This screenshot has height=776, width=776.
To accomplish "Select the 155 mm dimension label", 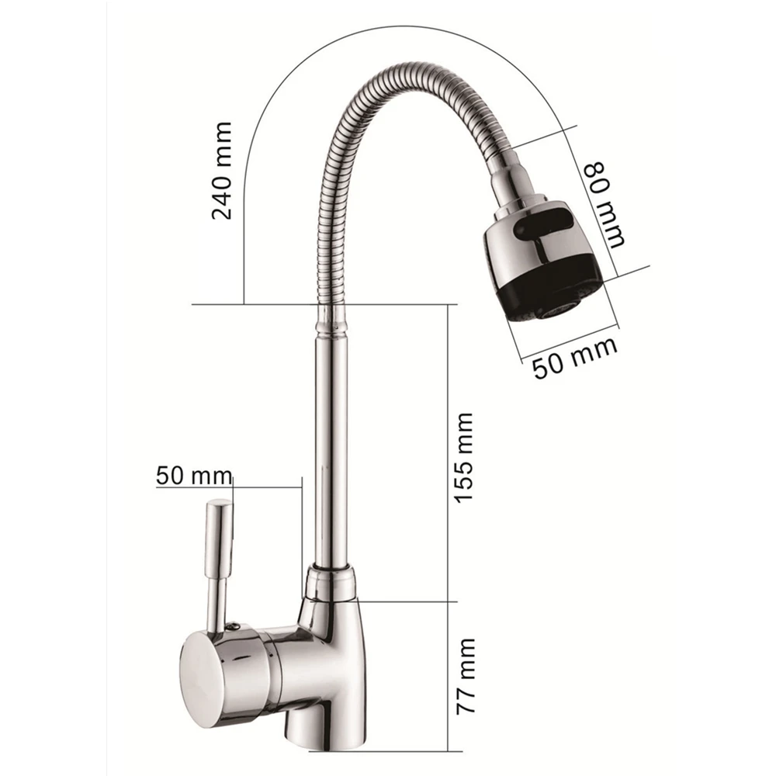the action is (464, 458).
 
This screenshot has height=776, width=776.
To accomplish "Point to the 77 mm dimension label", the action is (466, 676).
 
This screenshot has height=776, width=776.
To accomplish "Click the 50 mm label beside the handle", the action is (194, 476).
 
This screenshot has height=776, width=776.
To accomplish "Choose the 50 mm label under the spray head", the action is (575, 358).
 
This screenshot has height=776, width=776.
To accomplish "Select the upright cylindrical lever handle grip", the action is (220, 539).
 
